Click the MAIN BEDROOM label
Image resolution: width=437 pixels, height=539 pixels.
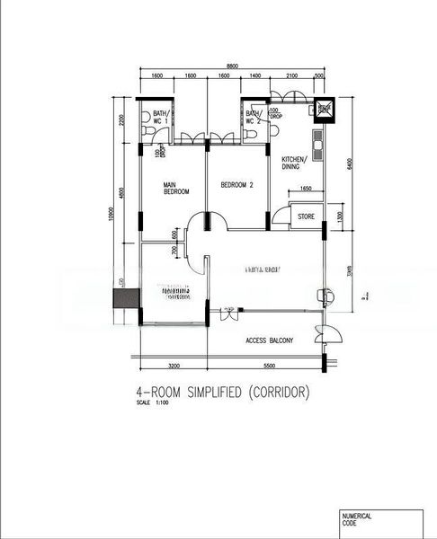pos(175,189)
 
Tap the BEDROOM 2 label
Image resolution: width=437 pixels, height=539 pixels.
pos(237,186)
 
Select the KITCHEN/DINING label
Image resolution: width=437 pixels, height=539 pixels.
pos(295,163)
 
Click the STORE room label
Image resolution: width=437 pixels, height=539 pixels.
pos(306,216)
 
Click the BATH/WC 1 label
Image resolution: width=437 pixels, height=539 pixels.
pos(161,117)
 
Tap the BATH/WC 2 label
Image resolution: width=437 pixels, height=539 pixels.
pos(254,117)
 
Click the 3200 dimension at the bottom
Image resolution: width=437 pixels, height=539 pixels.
pos(174,367)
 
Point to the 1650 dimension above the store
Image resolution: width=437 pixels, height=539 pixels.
pos(305,189)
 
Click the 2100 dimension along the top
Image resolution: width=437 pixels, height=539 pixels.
pos(292,77)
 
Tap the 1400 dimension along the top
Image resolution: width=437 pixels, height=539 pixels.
pos(255,77)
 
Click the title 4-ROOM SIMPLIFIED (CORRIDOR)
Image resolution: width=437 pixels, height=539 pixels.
pos(220,393)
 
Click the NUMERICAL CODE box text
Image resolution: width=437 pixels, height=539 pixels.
pos(356,519)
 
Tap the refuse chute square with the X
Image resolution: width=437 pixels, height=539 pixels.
pos(322,110)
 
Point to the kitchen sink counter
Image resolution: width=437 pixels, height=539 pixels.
pos(317,142)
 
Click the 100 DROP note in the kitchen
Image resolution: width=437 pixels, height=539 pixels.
pos(274,113)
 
